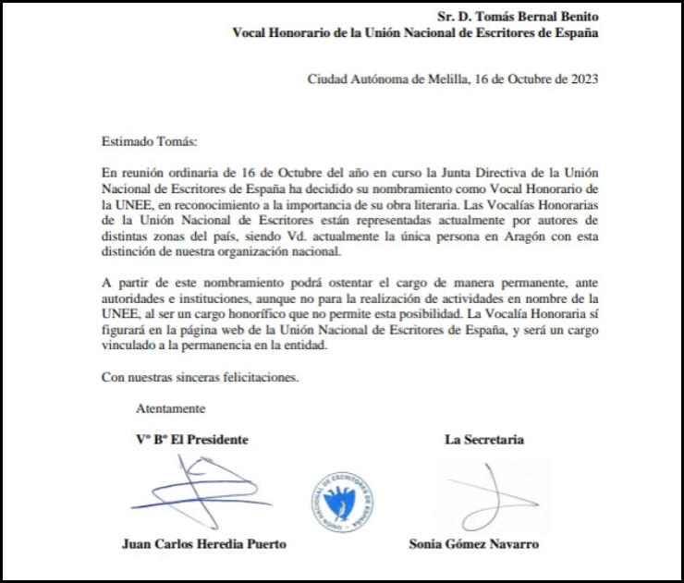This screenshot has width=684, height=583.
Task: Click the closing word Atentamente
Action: pos(171,408)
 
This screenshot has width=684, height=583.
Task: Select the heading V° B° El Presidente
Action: pos(191,440)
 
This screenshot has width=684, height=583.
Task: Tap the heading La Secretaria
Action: pos(484,440)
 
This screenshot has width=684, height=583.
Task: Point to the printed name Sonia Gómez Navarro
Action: pos(475,543)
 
